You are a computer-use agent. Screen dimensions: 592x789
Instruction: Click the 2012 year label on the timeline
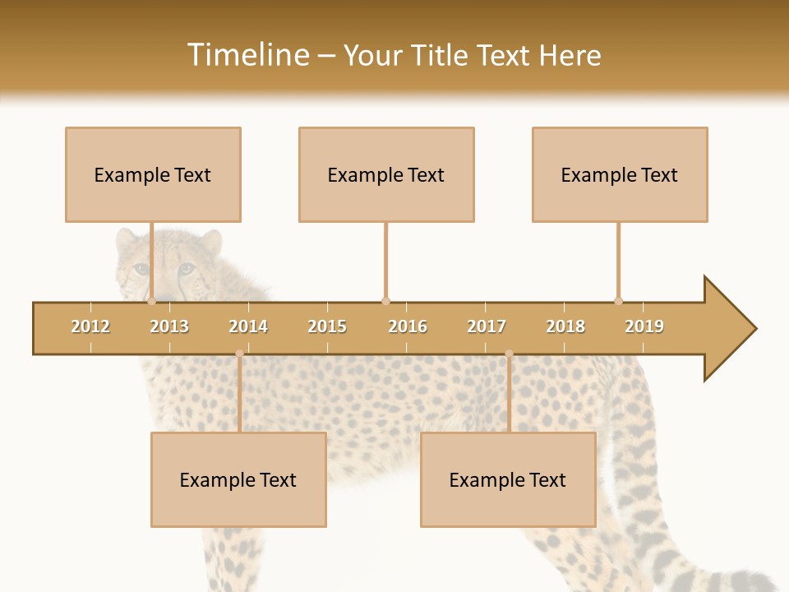tap(90, 326)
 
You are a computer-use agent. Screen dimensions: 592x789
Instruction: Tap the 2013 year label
tap(169, 326)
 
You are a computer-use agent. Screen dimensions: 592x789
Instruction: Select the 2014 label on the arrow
tap(248, 326)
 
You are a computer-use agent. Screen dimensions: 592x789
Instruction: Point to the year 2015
tap(327, 326)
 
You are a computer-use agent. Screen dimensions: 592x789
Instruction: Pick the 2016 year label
tap(408, 326)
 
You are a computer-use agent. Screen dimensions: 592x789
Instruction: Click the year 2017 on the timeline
tap(487, 326)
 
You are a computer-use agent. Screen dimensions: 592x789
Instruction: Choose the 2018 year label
tap(565, 326)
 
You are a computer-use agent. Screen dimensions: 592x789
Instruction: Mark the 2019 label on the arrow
tap(644, 326)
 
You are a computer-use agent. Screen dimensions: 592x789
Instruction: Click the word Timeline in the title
tap(247, 55)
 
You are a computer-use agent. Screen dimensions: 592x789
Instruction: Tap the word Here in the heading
tap(570, 55)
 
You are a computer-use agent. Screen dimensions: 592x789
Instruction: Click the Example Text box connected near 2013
tap(153, 174)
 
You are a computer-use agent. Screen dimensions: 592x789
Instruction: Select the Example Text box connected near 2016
tap(386, 174)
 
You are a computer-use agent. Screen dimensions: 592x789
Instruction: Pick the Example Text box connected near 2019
tap(620, 174)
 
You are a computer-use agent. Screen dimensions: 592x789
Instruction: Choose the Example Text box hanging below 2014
tap(238, 479)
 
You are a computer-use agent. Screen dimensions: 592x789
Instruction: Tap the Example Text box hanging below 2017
tap(508, 479)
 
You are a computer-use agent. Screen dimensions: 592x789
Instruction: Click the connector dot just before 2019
tap(619, 301)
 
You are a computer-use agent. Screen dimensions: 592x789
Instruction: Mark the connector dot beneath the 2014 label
tap(239, 354)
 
